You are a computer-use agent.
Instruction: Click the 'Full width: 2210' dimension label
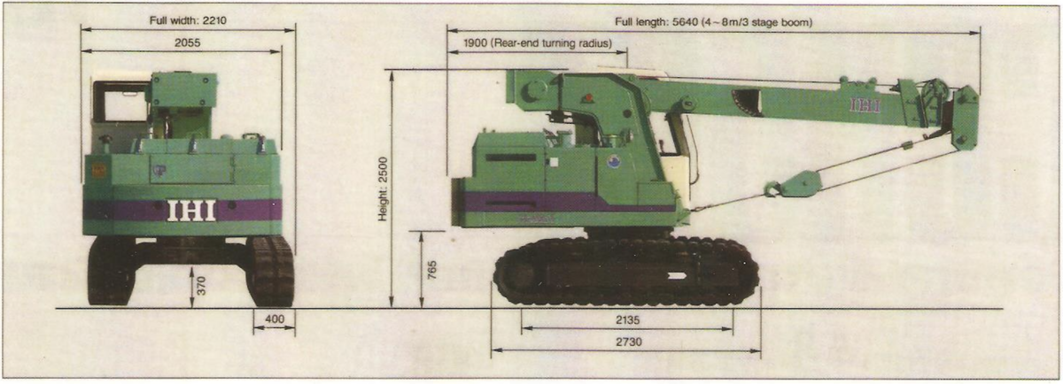188,20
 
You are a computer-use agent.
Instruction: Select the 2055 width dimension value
188,42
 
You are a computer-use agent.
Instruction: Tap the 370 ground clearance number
201,286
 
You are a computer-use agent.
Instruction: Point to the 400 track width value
275,319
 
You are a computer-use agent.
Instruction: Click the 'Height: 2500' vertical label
383,189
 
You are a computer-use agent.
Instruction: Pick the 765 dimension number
432,270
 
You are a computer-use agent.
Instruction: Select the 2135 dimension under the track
627,320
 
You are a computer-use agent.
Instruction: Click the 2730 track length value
629,342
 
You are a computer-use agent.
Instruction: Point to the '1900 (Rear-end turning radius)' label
538,43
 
